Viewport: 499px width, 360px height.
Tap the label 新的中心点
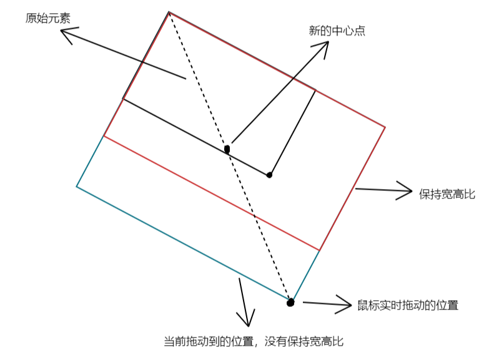point(337,31)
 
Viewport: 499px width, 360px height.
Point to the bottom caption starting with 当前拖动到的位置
point(254,341)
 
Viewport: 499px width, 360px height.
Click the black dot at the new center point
point(227,149)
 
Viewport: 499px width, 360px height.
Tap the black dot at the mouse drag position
point(290,303)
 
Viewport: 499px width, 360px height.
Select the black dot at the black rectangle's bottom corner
point(270,175)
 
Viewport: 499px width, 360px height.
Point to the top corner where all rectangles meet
point(169,12)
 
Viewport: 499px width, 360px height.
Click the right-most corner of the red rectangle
point(385,127)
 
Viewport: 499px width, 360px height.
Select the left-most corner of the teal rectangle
point(76,186)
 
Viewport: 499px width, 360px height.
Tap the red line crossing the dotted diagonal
point(255,218)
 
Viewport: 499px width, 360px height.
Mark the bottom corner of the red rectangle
point(319,250)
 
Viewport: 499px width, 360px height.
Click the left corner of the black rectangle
point(122,99)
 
